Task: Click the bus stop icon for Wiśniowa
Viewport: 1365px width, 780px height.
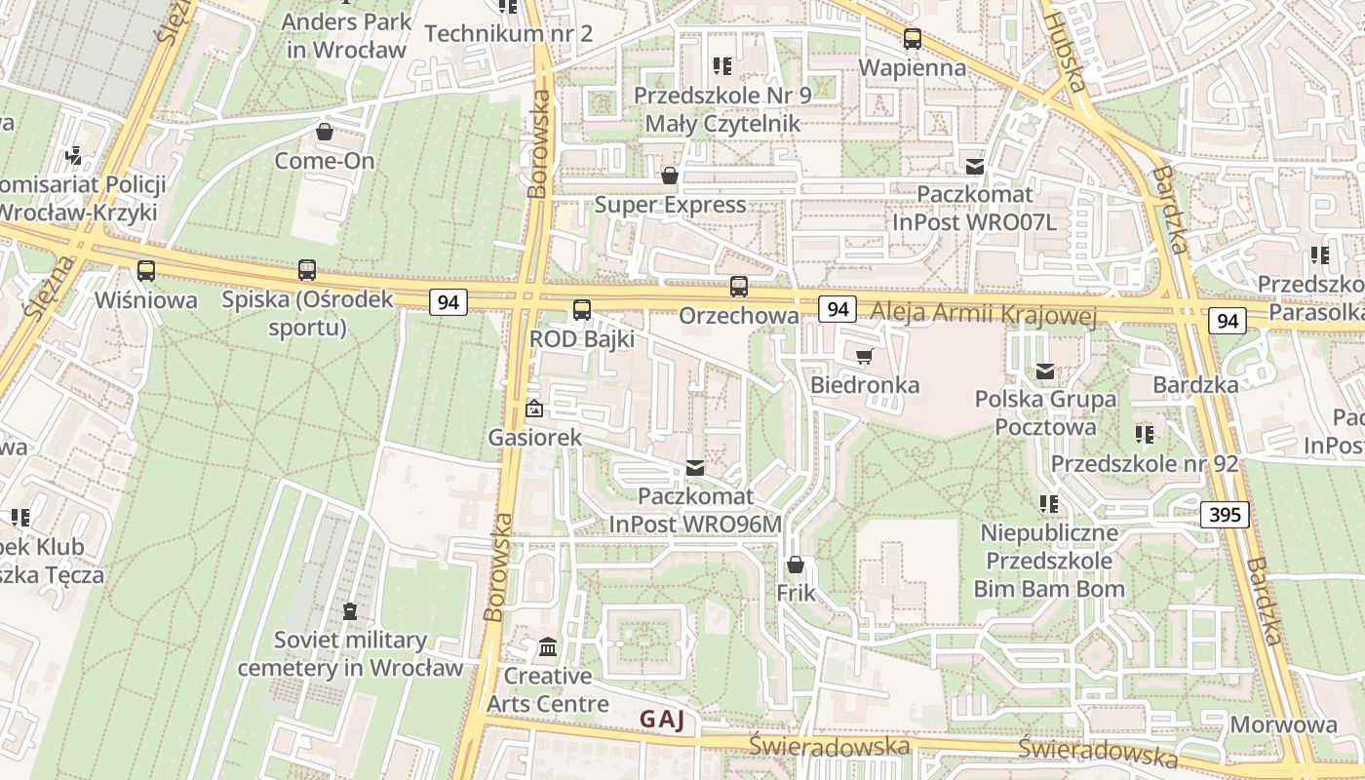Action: [x=145, y=271]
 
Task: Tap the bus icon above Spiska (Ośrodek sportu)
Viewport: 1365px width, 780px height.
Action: [x=307, y=270]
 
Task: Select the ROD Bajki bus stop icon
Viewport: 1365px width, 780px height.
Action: [x=582, y=310]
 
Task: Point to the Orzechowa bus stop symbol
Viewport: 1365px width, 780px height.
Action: [x=739, y=287]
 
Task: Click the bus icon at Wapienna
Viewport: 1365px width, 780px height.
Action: [x=912, y=39]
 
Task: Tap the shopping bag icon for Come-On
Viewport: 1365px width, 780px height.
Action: [x=325, y=132]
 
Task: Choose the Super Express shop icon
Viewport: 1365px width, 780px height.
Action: [x=670, y=175]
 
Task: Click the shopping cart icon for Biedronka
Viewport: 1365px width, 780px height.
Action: [x=864, y=356]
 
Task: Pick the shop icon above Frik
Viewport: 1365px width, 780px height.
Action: [x=796, y=565]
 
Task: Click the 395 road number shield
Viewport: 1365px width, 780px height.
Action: [x=1225, y=514]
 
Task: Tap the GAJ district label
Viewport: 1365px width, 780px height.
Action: [x=662, y=721]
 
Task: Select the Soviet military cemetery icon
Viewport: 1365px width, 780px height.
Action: [x=350, y=611]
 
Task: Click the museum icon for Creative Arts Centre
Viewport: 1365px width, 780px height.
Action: [x=548, y=647]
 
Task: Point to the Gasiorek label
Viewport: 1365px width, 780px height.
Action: [x=535, y=438]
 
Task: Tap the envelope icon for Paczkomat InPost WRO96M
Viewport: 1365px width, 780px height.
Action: [x=695, y=468]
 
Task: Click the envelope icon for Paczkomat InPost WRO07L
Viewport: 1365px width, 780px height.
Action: [x=974, y=166]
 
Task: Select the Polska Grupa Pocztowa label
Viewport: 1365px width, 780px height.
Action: [x=1045, y=412]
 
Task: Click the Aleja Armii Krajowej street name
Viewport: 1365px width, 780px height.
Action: [x=985, y=314]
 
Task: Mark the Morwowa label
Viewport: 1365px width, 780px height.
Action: [x=1283, y=724]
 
